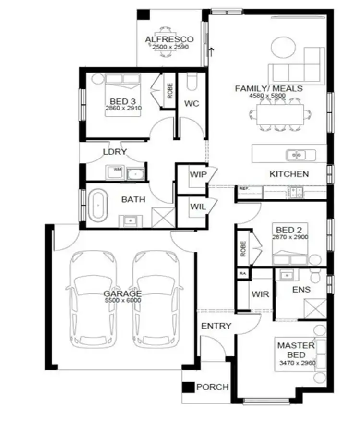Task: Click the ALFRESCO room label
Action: tap(169, 39)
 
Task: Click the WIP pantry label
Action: tap(198, 175)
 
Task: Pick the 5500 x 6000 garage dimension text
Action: tap(122, 300)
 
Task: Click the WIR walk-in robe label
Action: tap(260, 294)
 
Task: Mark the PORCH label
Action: tap(213, 387)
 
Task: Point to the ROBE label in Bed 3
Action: tap(170, 91)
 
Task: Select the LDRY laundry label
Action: tap(115, 152)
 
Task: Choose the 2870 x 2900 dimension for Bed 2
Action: tap(290, 237)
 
